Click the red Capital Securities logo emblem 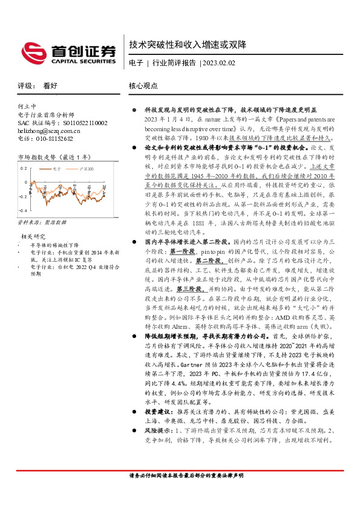33,51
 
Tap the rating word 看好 50,86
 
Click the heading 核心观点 143,86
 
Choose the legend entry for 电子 58,169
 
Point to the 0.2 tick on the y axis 24,168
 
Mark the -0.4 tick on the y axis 23,210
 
